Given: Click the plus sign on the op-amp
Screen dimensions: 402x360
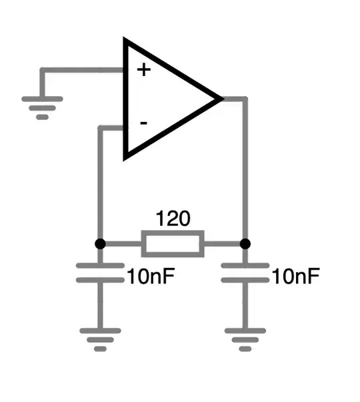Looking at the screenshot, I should pyautogui.click(x=143, y=69).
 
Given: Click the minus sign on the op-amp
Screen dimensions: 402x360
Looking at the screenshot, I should pyautogui.click(x=143, y=123).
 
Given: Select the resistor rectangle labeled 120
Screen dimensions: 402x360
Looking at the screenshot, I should pyautogui.click(x=173, y=243).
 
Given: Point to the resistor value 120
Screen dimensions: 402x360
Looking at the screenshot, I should pyautogui.click(x=173, y=219).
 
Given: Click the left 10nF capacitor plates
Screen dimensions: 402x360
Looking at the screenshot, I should pyautogui.click(x=100, y=273).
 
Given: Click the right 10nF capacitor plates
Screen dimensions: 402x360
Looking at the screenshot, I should pyautogui.click(x=245, y=273).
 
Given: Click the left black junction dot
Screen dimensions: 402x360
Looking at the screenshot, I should pyautogui.click(x=100, y=243).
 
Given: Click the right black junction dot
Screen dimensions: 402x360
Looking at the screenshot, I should pyautogui.click(x=245, y=243).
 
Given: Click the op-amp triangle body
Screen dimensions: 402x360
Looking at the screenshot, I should pyautogui.click(x=167, y=99).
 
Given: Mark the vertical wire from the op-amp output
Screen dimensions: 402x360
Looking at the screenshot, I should pyautogui.click(x=245, y=167).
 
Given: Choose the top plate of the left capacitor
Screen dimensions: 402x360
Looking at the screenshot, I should pyautogui.click(x=100, y=265).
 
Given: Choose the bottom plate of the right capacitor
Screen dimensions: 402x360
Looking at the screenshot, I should pyautogui.click(x=245, y=280).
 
